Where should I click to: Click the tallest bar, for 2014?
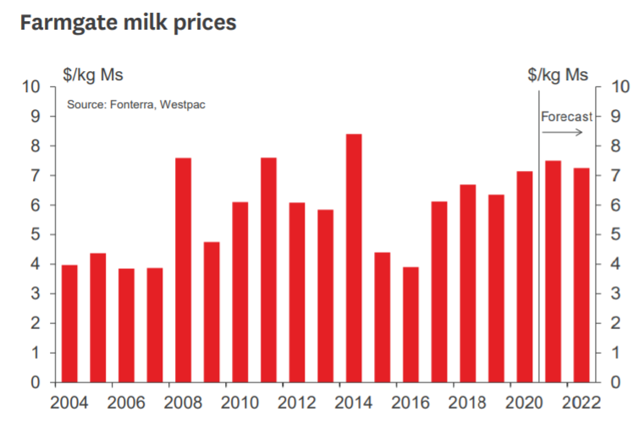pos(354,258)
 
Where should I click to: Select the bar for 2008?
pos(183,270)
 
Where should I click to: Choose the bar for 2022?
pos(581,275)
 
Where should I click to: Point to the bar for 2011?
pos(268,270)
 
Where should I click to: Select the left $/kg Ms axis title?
pos(93,75)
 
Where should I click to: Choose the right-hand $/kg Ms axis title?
pos(558,75)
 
